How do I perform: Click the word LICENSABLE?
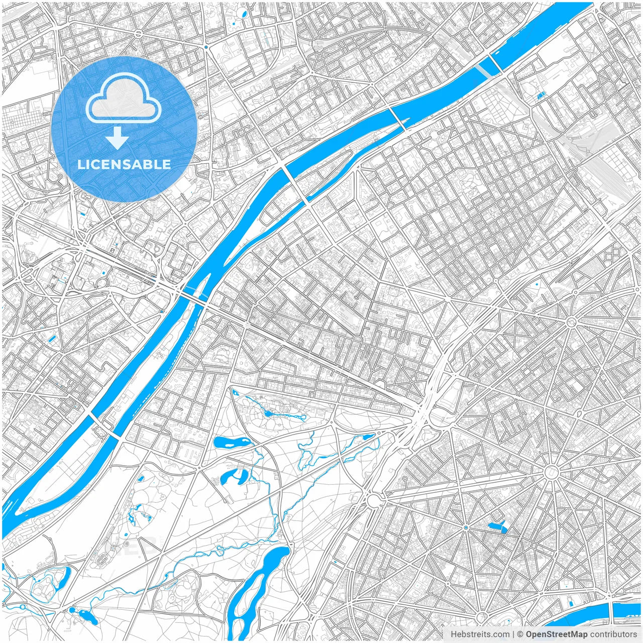click(124, 164)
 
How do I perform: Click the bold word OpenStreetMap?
click(556, 634)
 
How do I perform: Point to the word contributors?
click(613, 634)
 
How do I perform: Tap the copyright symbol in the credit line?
click(520, 634)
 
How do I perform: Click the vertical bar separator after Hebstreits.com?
click(513, 634)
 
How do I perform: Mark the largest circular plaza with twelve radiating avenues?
click(551, 472)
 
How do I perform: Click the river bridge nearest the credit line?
click(612, 609)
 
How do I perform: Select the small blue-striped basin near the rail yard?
click(541, 95)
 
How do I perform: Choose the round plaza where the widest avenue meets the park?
click(373, 500)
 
